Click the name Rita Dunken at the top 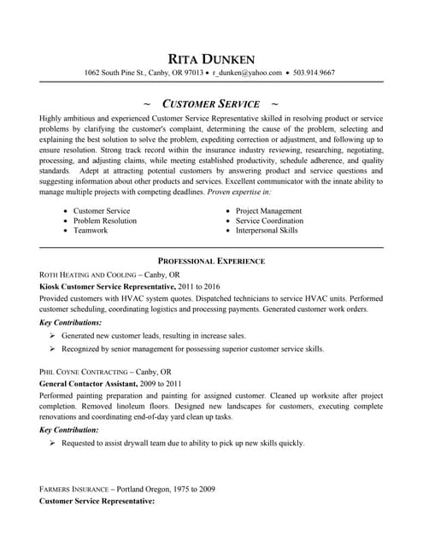point(211,58)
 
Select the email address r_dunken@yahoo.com point(247,74)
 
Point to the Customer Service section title point(211,103)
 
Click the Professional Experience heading point(211,260)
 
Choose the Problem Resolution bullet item point(104,220)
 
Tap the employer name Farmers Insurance point(74,488)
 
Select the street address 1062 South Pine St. point(115,74)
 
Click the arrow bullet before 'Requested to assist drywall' point(52,443)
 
